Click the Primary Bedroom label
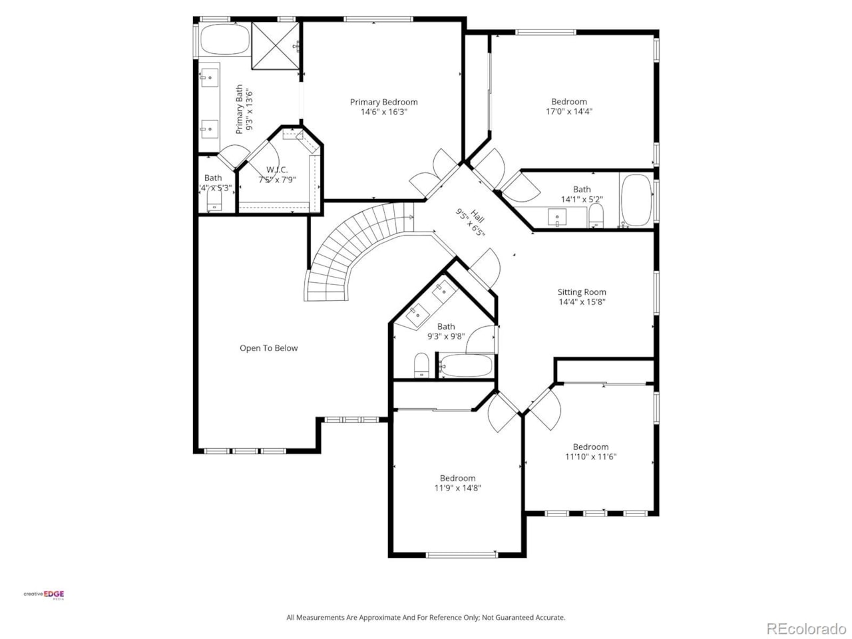click(384, 102)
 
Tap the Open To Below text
click(268, 348)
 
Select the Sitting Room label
click(582, 292)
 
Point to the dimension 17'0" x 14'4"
click(568, 112)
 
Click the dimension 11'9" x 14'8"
click(457, 488)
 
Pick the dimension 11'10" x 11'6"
click(590, 457)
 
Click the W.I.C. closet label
click(277, 170)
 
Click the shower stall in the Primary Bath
click(275, 45)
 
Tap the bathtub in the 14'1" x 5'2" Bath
click(636, 200)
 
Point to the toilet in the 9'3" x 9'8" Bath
click(421, 365)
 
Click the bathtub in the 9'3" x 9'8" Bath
click(467, 365)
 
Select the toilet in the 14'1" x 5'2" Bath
click(596, 215)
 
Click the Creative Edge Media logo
click(45, 594)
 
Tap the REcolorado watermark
click(805, 628)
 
